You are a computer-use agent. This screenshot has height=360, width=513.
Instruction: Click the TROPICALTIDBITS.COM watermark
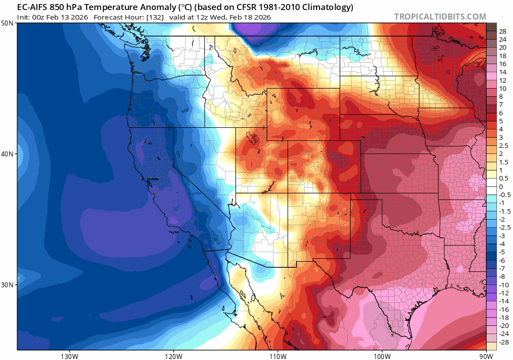(x=440, y=17)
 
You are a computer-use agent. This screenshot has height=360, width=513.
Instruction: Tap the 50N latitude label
(x=8, y=24)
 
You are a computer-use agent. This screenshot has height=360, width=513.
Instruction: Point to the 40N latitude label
(x=8, y=154)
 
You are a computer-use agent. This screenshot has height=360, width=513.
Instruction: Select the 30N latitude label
(x=8, y=284)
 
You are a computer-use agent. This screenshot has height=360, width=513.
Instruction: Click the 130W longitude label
(x=69, y=355)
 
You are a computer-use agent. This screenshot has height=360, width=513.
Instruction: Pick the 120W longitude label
(x=173, y=355)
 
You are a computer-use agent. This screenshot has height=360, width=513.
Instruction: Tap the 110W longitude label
(x=278, y=355)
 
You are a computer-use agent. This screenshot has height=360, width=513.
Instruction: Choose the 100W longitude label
(x=382, y=355)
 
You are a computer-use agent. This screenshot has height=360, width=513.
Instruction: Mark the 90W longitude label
(x=485, y=355)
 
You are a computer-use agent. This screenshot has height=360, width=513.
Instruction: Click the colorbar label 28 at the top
(x=502, y=31)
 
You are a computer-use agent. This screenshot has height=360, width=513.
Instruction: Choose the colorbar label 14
(x=502, y=72)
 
